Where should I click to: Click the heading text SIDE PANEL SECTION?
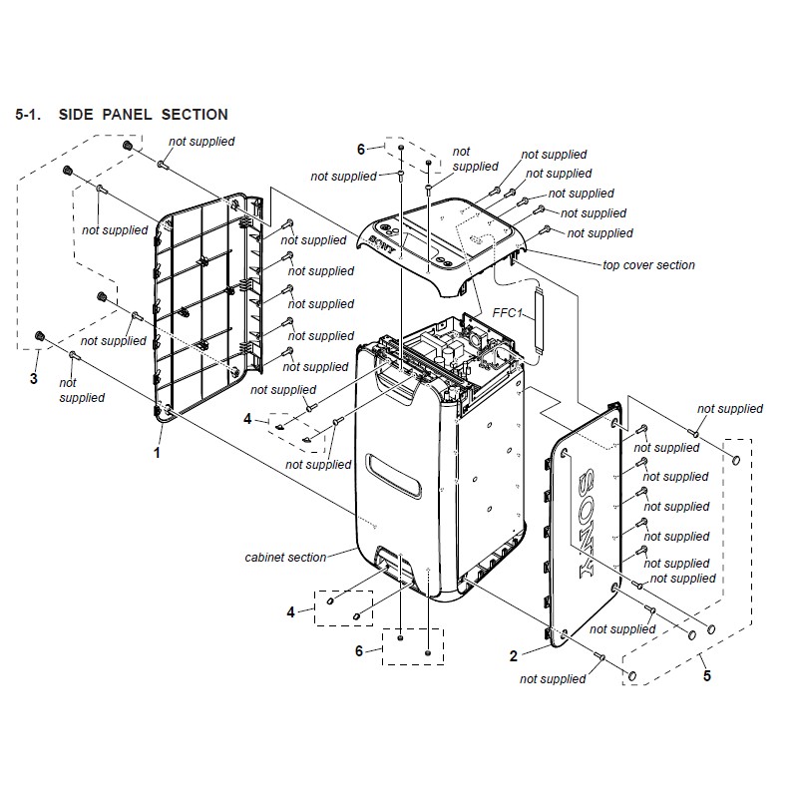[143, 115]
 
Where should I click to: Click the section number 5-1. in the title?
[28, 115]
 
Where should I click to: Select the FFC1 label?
[508, 312]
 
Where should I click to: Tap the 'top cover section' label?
[648, 265]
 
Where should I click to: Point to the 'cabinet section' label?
[285, 558]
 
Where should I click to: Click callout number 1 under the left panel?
[158, 452]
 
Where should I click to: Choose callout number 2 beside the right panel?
[514, 656]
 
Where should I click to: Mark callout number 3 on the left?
[34, 378]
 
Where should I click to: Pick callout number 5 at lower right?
[707, 676]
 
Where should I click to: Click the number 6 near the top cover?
[361, 149]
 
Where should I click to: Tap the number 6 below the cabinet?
[359, 651]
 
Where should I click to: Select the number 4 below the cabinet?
[290, 611]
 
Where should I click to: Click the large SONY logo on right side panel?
[587, 523]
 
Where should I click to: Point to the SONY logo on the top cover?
[382, 244]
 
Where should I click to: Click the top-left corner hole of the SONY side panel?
[565, 453]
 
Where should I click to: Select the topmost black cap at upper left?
[128, 146]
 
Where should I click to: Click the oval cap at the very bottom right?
[632, 676]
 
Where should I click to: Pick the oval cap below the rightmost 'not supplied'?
[736, 461]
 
